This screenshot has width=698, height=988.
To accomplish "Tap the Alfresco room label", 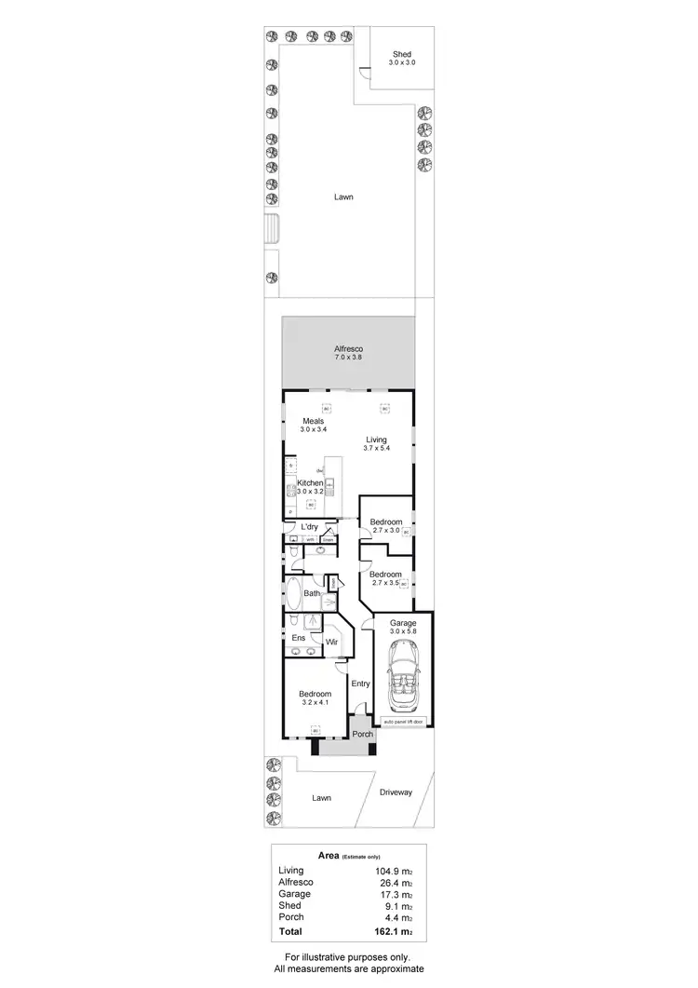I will [347, 349].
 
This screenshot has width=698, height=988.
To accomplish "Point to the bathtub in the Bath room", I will [294, 594].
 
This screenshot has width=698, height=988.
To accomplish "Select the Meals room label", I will [312, 421].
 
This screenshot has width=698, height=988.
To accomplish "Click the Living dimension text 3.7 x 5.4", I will [375, 449].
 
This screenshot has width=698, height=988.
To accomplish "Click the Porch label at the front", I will [361, 734].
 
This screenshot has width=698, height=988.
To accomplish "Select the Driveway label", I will [396, 792].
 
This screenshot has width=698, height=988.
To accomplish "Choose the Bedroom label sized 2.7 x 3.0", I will [385, 521].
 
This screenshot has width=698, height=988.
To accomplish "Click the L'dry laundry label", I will [309, 527].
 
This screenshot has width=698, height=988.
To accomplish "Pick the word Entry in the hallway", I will [361, 683].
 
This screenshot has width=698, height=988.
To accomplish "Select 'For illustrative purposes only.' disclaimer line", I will [348, 957].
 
